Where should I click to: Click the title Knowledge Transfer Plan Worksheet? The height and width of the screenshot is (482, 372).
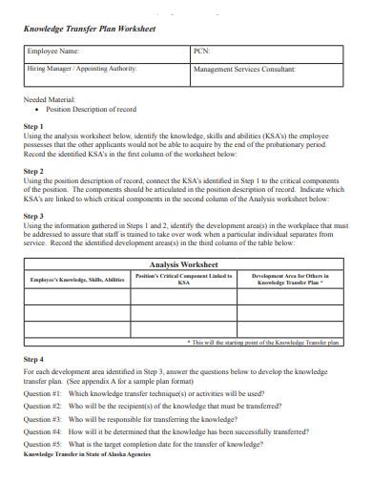(89, 30)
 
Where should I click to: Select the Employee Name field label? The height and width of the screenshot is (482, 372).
(54, 52)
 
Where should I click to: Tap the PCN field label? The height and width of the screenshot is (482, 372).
(201, 52)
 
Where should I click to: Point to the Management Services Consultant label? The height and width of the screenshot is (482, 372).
(243, 70)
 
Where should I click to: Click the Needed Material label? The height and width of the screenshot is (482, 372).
(49, 98)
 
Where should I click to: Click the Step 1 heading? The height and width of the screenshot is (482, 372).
(33, 126)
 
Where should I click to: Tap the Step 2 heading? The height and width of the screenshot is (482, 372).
(33, 171)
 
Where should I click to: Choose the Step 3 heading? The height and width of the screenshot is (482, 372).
(33, 216)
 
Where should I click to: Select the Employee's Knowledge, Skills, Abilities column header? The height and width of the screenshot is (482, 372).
(78, 280)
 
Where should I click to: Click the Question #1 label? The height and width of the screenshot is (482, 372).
(42, 392)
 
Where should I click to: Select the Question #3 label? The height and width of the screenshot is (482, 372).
(42, 418)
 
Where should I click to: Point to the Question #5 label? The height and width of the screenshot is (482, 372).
(42, 444)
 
